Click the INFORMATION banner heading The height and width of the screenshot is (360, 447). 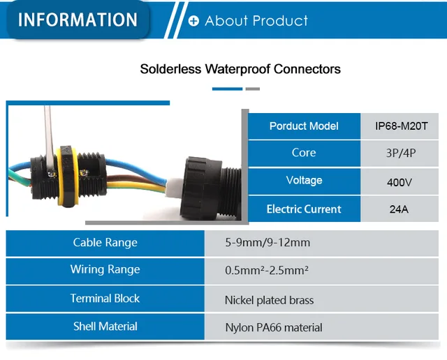click(x=78, y=20)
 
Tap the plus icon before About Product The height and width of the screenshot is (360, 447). click(x=193, y=21)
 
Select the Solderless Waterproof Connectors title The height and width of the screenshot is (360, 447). click(x=240, y=69)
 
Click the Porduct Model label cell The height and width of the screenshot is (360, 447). click(x=304, y=126)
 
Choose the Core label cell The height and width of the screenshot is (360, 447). click(x=304, y=153)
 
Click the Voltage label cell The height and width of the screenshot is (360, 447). click(x=304, y=181)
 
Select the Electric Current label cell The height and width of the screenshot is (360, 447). click(x=304, y=209)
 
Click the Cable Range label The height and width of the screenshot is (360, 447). click(x=105, y=243)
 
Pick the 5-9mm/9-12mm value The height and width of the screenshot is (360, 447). click(x=268, y=243)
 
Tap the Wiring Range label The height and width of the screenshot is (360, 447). click(x=105, y=270)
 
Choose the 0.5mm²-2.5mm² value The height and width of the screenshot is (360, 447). click(x=267, y=271)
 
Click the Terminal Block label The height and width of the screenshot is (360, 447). click(x=105, y=299)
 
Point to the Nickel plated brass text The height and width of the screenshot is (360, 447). click(x=269, y=301)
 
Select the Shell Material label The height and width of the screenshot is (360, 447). click(x=105, y=327)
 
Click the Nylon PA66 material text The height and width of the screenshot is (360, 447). click(x=273, y=327)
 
